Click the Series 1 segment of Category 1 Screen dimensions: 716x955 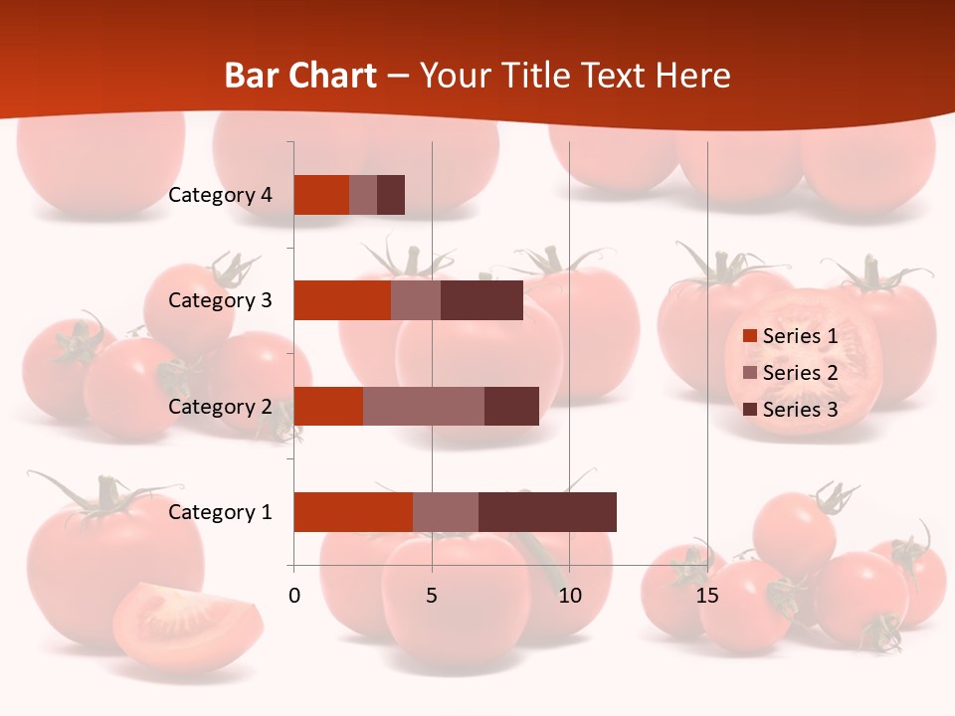pyautogui.click(x=353, y=512)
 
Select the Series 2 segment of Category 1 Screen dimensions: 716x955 pyautogui.click(x=446, y=512)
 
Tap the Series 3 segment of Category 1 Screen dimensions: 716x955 pyautogui.click(x=547, y=512)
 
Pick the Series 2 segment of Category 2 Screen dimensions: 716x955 pyautogui.click(x=424, y=406)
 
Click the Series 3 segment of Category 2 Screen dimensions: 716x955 pyautogui.click(x=511, y=406)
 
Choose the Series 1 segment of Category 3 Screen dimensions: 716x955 pyautogui.click(x=342, y=300)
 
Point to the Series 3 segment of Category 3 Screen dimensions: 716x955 pyautogui.click(x=481, y=300)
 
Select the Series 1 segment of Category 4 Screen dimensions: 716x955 pyautogui.click(x=321, y=195)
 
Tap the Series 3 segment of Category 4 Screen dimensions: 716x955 pyautogui.click(x=391, y=195)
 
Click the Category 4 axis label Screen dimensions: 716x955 pyautogui.click(x=220, y=195)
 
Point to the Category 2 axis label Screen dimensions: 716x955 pyautogui.click(x=220, y=406)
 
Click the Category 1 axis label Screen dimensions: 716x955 pyautogui.click(x=220, y=512)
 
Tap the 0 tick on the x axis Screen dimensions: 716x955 pyautogui.click(x=294, y=596)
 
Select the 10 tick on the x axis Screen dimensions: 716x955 pyautogui.click(x=569, y=596)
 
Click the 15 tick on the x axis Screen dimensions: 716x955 pyautogui.click(x=707, y=596)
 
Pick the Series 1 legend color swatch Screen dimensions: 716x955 pyautogui.click(x=749, y=336)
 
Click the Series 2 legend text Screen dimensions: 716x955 pyautogui.click(x=800, y=373)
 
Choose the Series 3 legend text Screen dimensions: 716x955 pyautogui.click(x=800, y=410)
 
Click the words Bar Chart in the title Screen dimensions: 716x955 pyautogui.click(x=300, y=76)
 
